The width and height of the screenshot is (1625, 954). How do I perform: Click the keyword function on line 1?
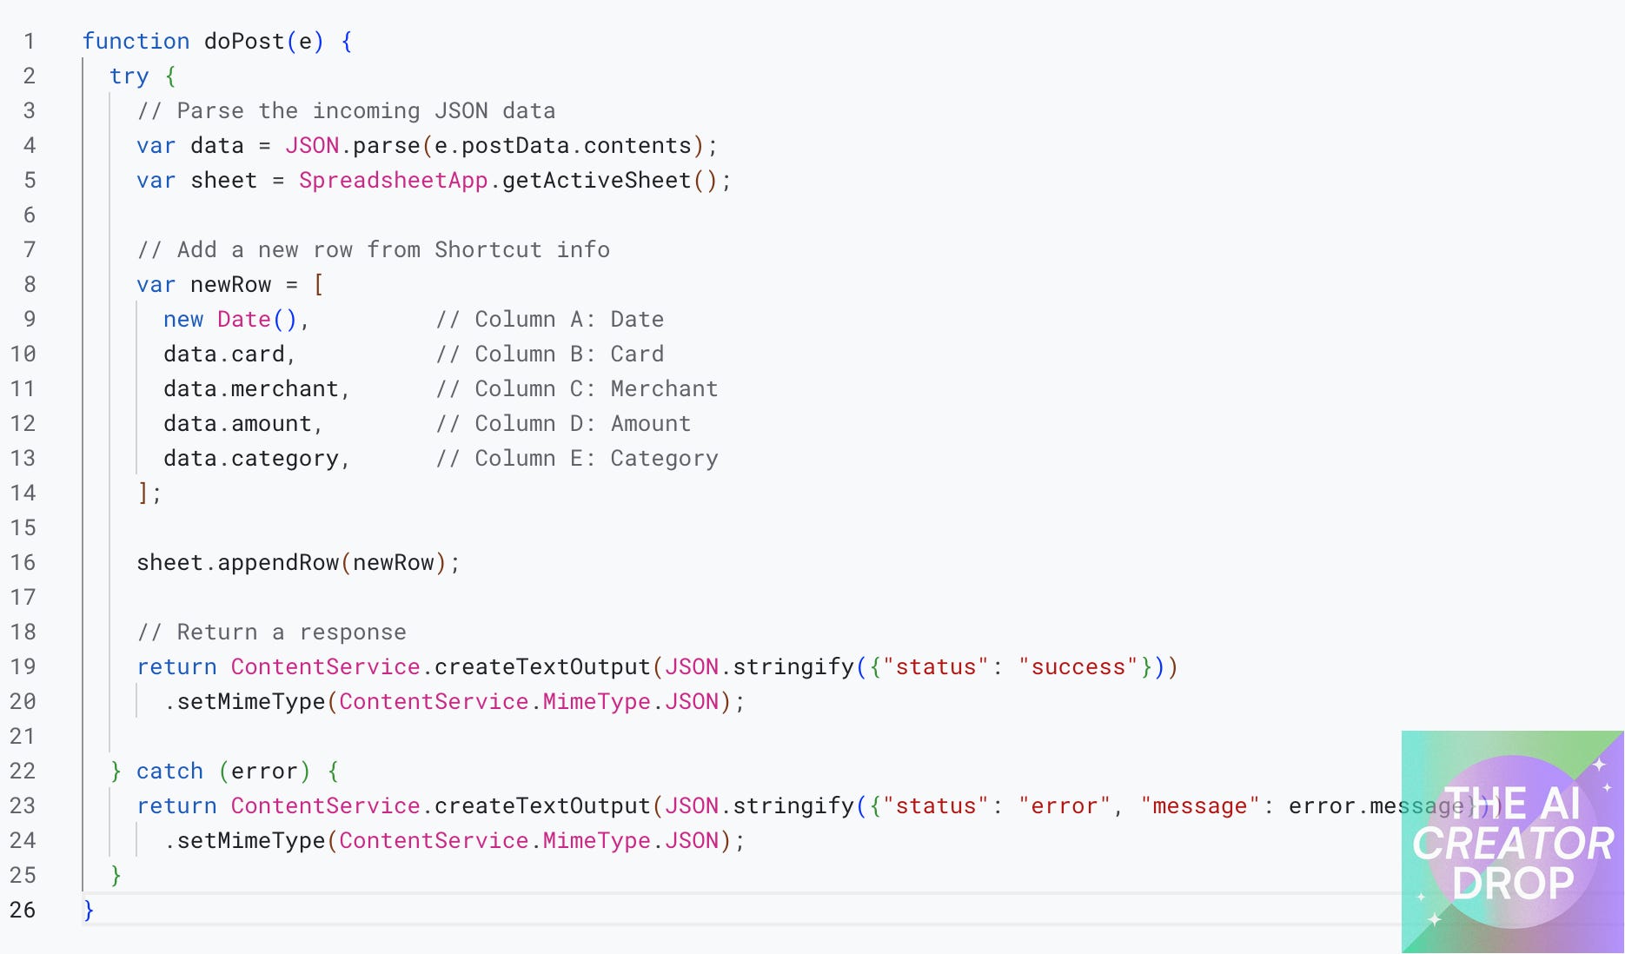point(136,42)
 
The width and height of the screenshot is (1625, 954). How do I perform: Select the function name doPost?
point(244,42)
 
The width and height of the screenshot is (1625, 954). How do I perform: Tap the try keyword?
point(129,76)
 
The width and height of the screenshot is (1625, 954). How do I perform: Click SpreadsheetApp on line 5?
point(393,181)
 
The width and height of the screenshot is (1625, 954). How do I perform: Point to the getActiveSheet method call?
point(596,181)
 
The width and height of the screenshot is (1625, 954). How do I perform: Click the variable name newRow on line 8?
point(230,285)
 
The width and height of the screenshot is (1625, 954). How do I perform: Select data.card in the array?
point(224,354)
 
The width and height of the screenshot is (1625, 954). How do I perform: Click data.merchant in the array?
point(251,389)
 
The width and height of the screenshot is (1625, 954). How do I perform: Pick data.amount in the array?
point(237,424)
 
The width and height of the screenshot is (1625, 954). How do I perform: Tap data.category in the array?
point(251,459)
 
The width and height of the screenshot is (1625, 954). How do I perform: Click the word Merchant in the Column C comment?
point(664,389)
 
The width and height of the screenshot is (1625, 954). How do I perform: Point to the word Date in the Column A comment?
point(637,320)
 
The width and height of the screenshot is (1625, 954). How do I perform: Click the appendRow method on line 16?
point(278,563)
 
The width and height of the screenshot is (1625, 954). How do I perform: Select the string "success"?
point(1078,667)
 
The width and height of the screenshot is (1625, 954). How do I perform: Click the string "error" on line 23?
point(1065,806)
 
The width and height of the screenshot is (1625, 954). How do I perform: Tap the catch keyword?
point(169,772)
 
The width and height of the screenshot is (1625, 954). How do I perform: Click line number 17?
point(23,598)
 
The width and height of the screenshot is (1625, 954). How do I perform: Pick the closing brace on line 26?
point(89,911)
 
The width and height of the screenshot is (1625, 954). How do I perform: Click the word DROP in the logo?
point(1513,884)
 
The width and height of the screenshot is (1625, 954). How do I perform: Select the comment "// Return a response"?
point(271,633)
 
